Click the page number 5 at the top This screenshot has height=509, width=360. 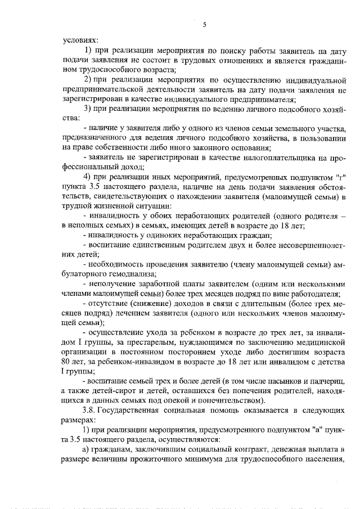(x=205, y=24)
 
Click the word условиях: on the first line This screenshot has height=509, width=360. (x=80, y=40)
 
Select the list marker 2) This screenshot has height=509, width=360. (x=88, y=79)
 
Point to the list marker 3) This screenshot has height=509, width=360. (x=88, y=109)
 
